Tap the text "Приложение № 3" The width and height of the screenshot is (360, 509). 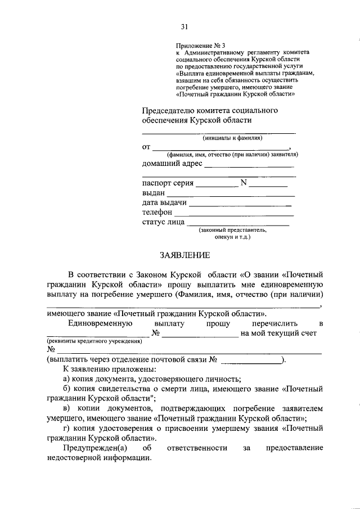(200, 44)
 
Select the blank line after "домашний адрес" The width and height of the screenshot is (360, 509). (249, 166)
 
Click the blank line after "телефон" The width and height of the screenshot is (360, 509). (234, 215)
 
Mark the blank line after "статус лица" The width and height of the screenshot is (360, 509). (238, 224)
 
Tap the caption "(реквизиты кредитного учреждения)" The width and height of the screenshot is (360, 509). (94, 341)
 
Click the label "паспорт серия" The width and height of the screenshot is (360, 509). (168, 183)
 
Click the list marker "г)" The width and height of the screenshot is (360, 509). (67, 428)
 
